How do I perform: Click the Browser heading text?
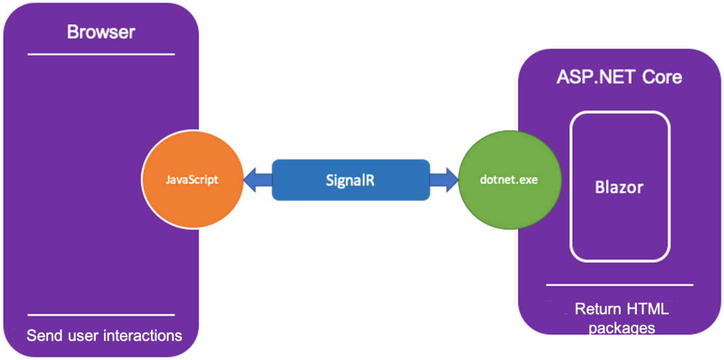[x=101, y=32]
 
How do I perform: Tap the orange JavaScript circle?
[x=192, y=180]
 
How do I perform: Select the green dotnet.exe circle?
[x=509, y=180]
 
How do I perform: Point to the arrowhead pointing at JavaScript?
[x=252, y=180]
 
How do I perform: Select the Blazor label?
[x=619, y=187]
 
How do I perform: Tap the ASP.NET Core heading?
[x=619, y=77]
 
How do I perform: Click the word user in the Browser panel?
[x=82, y=335]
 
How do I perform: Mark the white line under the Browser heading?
[x=101, y=54]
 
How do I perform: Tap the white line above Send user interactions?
[x=101, y=314]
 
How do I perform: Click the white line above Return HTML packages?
[x=619, y=285]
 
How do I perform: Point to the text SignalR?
[x=350, y=180]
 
